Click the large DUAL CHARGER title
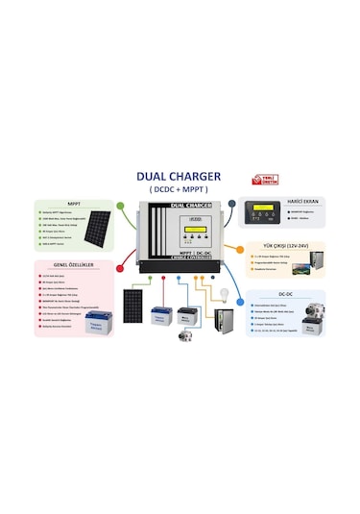click(180, 176)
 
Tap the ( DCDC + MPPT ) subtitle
click(179, 189)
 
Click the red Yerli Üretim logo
click(262, 179)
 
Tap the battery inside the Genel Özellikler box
click(96, 322)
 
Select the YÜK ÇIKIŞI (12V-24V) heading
click(277, 245)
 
